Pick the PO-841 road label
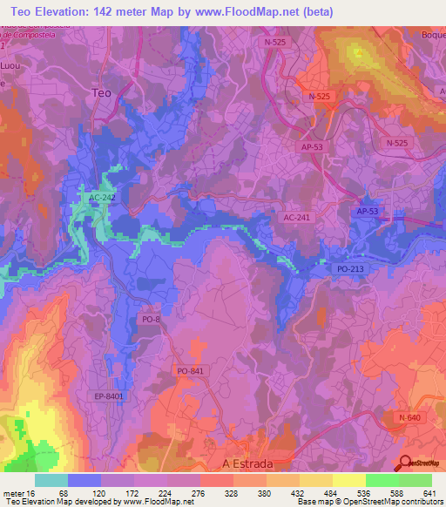pos(190,371)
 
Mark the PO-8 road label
pos(151,320)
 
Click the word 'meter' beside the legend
pos(13,493)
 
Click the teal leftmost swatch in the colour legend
pos(51,480)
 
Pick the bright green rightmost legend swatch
pos(415,480)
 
